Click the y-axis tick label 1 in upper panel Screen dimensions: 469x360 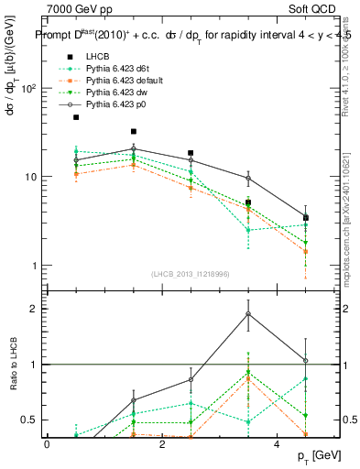click(x=32, y=266)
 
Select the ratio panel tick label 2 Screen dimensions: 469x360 click(x=32, y=309)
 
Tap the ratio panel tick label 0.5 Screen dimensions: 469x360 click(x=27, y=420)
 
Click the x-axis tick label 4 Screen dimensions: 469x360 click(x=277, y=444)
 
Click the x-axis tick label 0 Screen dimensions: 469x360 click(x=47, y=444)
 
